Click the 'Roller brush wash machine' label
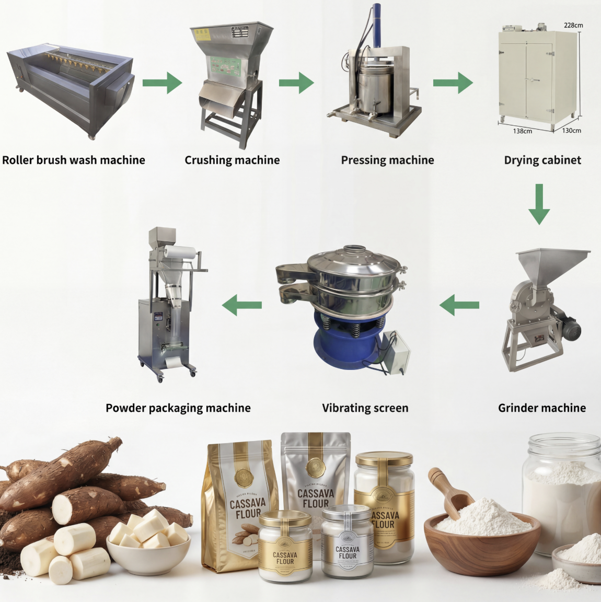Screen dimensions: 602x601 (74, 160)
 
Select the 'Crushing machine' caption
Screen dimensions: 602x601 (232, 160)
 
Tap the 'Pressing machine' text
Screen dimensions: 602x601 (387, 160)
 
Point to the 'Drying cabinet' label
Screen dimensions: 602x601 (542, 160)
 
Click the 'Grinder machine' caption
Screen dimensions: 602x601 (542, 408)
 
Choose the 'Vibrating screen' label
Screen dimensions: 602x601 (365, 408)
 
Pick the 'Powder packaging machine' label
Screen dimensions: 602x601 (178, 408)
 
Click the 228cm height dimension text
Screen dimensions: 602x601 (573, 25)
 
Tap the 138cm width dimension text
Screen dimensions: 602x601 (522, 131)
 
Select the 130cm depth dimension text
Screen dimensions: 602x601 (571, 131)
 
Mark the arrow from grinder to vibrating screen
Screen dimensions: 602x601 (459, 305)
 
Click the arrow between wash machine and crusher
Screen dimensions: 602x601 (162, 83)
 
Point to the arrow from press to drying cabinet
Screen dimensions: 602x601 (453, 83)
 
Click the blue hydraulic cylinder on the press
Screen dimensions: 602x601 (376, 24)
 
